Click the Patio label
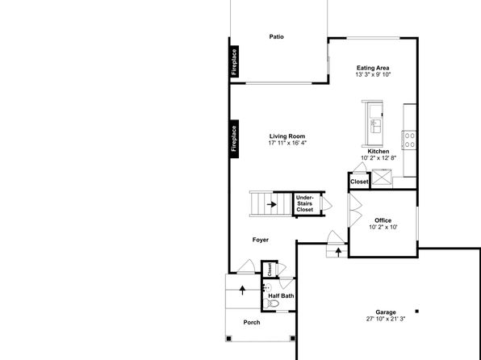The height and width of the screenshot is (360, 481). [276, 37]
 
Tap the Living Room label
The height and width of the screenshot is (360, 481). [287, 136]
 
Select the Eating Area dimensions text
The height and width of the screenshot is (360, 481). [373, 74]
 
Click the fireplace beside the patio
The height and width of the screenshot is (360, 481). [234, 61]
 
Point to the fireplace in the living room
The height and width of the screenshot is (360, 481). [234, 139]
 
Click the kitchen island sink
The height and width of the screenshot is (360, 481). [376, 126]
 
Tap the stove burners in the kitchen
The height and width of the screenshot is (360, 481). [409, 140]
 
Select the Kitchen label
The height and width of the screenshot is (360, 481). [379, 151]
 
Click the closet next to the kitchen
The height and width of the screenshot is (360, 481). [359, 181]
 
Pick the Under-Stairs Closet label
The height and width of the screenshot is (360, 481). [304, 203]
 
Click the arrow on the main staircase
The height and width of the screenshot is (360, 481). [271, 204]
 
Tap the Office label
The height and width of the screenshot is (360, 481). [383, 220]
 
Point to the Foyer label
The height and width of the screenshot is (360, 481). [261, 240]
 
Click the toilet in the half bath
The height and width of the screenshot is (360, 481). [271, 303]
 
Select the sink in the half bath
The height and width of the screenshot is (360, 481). [267, 288]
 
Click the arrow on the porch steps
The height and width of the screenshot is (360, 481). [242, 290]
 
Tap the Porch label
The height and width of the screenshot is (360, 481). [252, 322]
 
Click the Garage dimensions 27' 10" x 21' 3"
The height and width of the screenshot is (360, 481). [386, 319]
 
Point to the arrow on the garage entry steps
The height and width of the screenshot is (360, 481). [338, 252]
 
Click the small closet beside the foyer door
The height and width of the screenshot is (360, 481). [270, 269]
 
